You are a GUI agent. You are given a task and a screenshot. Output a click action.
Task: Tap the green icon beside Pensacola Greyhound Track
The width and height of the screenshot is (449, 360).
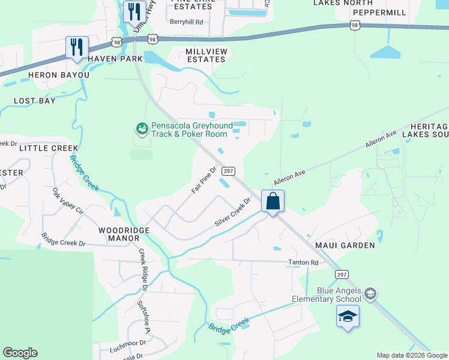coord(142,128)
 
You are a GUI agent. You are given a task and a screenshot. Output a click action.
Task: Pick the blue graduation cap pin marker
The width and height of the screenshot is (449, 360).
coord(348,317)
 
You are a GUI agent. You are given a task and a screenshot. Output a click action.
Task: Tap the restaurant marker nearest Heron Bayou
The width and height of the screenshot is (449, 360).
coord(77,48)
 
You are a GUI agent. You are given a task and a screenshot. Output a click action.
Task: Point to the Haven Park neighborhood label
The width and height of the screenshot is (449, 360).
coord(115,59)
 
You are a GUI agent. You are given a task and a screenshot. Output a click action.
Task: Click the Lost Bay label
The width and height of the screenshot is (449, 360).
coord(34,101)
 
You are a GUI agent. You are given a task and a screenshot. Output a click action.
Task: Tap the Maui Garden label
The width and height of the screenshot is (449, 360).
coord(345,245)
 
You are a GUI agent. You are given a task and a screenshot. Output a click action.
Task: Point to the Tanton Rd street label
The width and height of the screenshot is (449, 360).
coord(303,262)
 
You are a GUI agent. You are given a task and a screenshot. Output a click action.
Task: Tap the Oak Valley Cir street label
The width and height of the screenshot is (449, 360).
coord(67,203)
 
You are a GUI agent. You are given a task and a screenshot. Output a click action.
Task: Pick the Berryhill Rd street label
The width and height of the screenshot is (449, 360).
coord(187,22)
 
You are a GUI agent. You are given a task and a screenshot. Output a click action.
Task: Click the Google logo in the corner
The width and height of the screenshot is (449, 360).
coord(20,353)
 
